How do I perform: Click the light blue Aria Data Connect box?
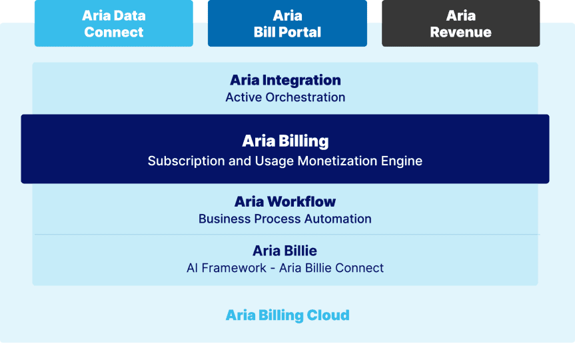[114, 23]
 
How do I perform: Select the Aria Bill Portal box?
[287, 23]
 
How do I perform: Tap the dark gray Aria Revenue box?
[460, 23]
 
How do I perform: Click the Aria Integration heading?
[285, 80]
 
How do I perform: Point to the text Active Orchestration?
[285, 97]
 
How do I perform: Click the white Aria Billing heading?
[285, 141]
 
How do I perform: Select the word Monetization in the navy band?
[337, 161]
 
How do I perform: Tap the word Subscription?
[187, 161]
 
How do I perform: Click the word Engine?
[402, 161]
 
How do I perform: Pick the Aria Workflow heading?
[285, 201]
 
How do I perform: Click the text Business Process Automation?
[285, 219]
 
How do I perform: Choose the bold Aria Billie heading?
[285, 251]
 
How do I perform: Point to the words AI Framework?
[227, 268]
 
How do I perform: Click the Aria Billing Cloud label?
[288, 315]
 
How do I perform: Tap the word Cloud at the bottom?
[328, 315]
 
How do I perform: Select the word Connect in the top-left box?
[114, 32]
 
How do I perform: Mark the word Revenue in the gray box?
[460, 32]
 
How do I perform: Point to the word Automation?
[338, 219]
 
